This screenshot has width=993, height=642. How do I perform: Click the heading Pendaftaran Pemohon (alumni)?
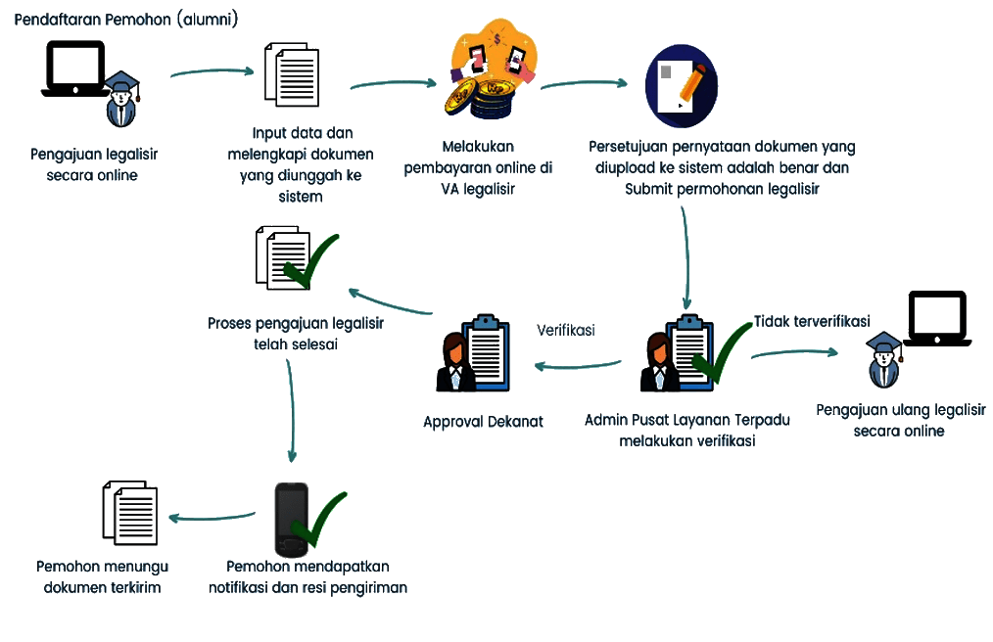coord(126,20)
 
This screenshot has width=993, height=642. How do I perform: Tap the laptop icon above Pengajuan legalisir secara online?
coord(75,70)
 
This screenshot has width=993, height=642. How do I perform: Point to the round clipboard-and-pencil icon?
coord(682,86)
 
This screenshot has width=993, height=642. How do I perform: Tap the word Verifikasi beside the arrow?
coord(565,331)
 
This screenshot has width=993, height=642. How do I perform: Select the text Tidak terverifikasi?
coord(812,321)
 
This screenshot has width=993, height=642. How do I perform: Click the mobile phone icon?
coord(291,520)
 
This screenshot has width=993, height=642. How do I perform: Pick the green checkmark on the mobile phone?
coord(318,519)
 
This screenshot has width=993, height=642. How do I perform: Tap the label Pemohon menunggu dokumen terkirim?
coord(102,576)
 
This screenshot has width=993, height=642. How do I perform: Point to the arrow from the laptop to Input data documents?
coord(212,71)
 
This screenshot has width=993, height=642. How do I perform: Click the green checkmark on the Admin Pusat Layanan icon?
coord(720,354)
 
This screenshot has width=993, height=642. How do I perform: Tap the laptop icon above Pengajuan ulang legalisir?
coord(937,318)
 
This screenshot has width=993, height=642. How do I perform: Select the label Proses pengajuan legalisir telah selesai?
coord(295,333)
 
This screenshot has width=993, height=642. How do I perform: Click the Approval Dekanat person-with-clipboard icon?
coord(471,354)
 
